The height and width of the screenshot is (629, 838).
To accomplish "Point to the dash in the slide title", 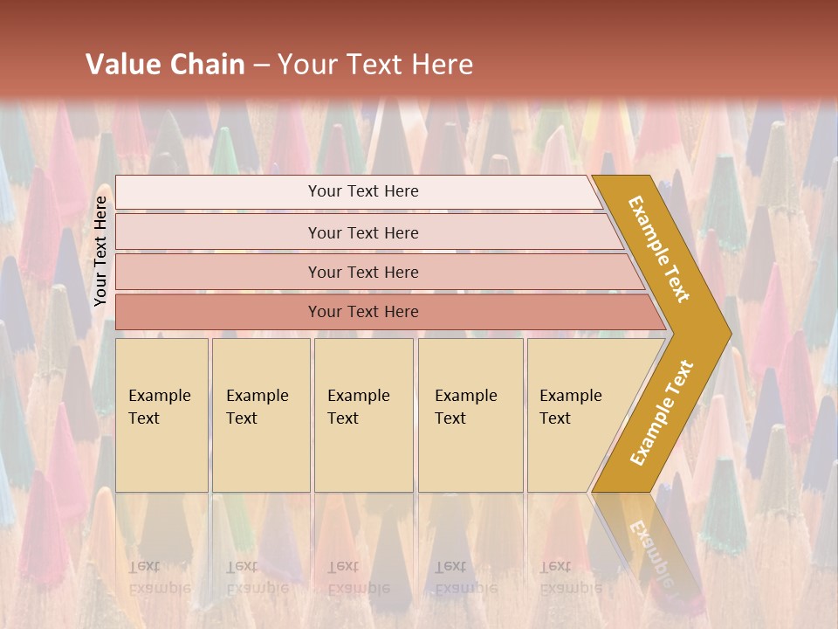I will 262,66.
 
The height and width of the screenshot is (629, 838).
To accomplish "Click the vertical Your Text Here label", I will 100,251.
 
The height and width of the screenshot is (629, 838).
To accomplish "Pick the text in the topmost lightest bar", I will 363,191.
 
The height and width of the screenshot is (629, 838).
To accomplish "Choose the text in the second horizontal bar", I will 363,233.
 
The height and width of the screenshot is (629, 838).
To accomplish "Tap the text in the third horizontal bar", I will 363,273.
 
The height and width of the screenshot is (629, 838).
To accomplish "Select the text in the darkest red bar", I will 363,312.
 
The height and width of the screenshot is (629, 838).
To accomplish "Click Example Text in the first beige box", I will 159,407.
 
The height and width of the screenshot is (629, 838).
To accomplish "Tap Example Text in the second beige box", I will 257,407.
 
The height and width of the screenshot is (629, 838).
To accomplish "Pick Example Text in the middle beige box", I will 358,407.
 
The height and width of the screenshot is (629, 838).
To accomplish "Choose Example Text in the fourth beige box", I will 465,407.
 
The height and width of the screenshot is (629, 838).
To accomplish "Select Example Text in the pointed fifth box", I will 570,407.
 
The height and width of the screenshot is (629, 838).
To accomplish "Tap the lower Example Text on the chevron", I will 662,412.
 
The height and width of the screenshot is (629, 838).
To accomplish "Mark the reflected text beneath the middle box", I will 358,577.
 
